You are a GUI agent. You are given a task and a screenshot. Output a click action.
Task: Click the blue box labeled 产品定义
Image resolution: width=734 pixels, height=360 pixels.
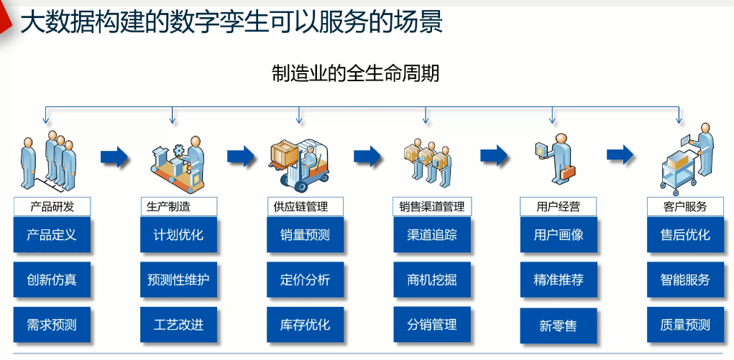[52, 235]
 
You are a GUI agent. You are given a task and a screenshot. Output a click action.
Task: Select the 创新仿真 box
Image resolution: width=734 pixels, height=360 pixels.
[52, 280]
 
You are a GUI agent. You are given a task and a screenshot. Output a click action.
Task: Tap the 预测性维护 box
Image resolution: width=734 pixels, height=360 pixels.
[178, 280]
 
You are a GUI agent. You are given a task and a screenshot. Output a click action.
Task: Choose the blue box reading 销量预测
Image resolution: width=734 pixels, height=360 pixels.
[306, 235]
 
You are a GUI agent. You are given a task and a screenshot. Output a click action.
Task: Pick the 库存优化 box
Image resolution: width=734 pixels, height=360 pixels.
[306, 325]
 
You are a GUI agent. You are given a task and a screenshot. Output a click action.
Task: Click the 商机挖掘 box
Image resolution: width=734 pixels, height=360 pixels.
[432, 280]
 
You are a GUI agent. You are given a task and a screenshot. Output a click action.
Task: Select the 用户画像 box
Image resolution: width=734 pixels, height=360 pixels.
[559, 235]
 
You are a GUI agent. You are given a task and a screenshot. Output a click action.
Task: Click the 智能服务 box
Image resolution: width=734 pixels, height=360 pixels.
[685, 280]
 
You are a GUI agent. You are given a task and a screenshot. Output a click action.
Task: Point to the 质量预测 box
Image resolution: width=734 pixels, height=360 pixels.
[685, 325]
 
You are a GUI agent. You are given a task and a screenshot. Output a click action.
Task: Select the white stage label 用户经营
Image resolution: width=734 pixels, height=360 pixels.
[559, 207]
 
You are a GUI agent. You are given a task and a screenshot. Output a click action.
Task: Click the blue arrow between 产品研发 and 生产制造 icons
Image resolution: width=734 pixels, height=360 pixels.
[115, 157]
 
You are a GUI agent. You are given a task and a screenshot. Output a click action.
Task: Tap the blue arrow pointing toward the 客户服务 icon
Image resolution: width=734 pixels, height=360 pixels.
[620, 154]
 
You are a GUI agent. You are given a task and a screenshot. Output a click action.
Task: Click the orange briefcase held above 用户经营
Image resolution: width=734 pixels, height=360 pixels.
[570, 172]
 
